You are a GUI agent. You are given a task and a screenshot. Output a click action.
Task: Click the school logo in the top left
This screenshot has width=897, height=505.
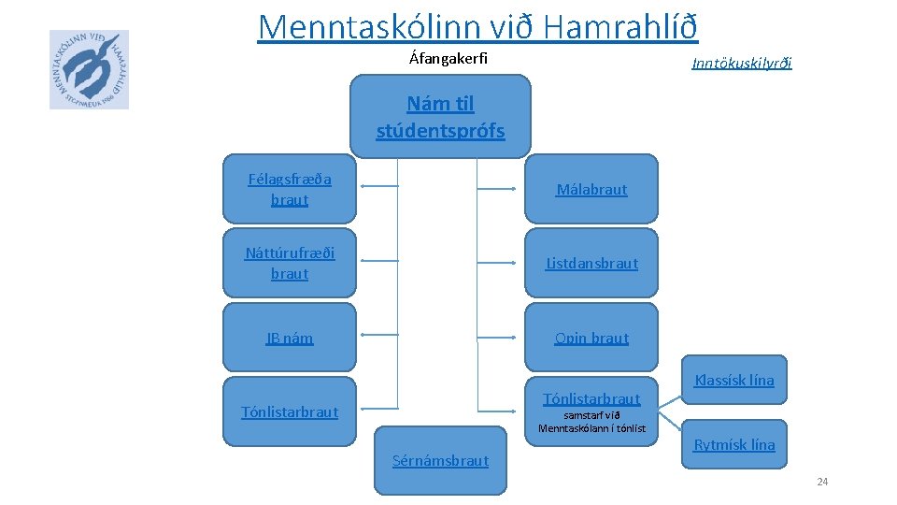(89, 69)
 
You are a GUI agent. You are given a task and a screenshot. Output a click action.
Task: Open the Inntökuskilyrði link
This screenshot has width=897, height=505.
(741, 64)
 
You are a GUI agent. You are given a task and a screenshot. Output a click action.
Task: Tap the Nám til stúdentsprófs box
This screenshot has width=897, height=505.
(440, 117)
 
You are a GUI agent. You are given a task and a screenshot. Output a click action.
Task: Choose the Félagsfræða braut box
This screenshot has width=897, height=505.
(290, 189)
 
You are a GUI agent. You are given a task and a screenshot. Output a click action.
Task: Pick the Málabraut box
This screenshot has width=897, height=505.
(591, 189)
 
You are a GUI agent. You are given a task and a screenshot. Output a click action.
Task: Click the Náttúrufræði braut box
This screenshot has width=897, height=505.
(290, 263)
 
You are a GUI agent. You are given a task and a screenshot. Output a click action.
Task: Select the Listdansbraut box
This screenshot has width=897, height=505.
(591, 263)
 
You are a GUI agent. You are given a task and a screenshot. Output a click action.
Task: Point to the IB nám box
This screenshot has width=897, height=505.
(290, 338)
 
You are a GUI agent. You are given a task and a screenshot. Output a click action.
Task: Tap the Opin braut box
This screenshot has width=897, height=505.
(591, 338)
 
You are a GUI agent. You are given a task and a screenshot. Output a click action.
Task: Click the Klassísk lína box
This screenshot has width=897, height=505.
(734, 380)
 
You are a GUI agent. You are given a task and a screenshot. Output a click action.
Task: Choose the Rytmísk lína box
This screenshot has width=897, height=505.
(734, 445)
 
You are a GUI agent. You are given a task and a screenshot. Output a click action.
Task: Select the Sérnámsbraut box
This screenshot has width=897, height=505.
(441, 460)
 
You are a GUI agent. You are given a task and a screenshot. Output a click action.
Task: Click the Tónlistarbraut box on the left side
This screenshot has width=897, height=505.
(290, 411)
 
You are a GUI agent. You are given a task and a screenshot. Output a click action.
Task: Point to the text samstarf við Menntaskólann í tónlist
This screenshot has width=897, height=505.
(591, 422)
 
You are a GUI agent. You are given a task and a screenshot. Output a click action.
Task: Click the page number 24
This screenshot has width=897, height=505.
(822, 482)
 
